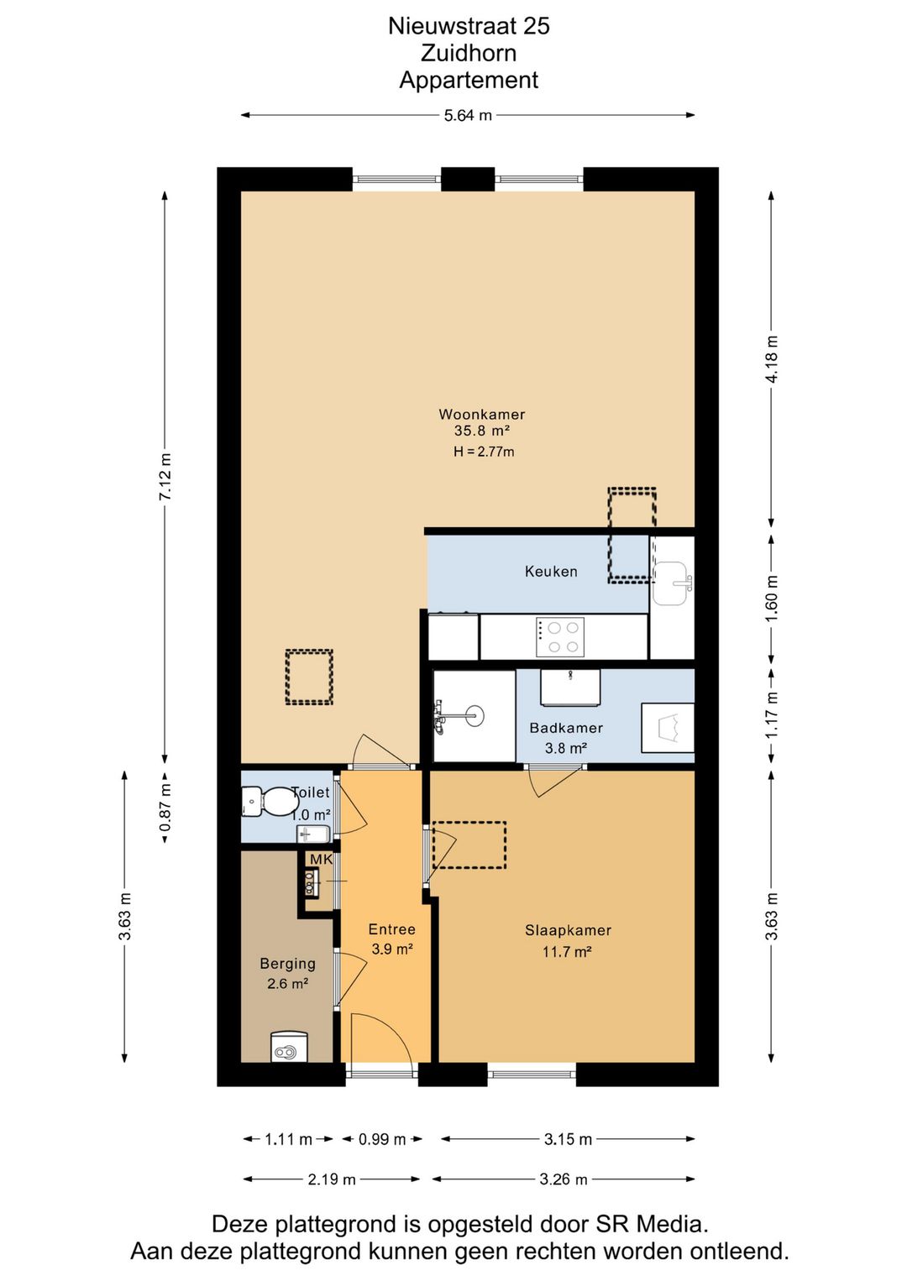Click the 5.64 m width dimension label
pos(468,116)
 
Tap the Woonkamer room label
pos(481,414)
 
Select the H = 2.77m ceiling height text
pos(484,452)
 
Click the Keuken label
pos(550,572)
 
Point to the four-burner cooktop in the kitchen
pos(559,636)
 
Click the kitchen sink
pos(671,583)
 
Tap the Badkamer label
pos(566,728)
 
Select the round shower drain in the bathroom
pos(474,715)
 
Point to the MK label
pos(321,860)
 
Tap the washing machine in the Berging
pos(289,1047)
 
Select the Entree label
pos(391,929)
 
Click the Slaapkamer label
pos(568,930)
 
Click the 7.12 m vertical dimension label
pos(165,477)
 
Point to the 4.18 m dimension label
pos(772,359)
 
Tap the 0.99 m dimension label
pos(381,1140)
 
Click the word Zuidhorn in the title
pos(469,53)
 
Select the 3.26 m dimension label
pos(564,1179)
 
